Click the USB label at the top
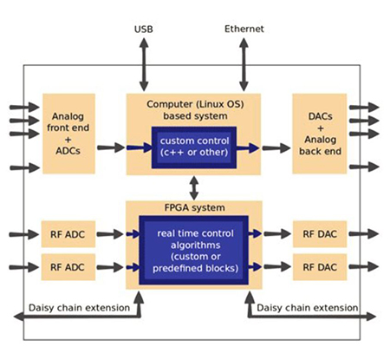[143, 29]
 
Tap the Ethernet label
[244, 29]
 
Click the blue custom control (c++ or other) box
[193, 147]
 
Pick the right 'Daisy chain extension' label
[309, 307]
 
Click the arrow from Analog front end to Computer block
[111, 147]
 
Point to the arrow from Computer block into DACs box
[276, 147]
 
